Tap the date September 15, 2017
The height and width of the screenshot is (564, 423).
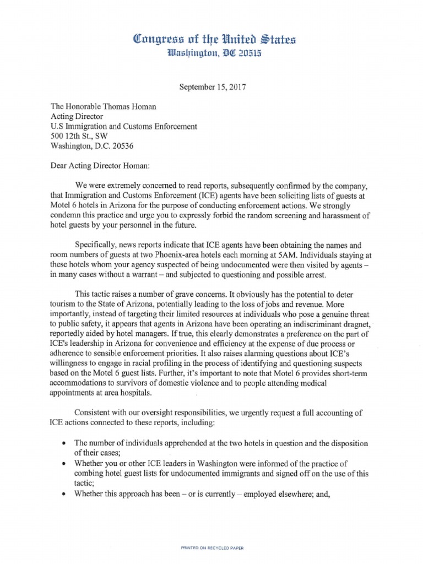211,86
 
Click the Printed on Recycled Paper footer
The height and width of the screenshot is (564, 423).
212,549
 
